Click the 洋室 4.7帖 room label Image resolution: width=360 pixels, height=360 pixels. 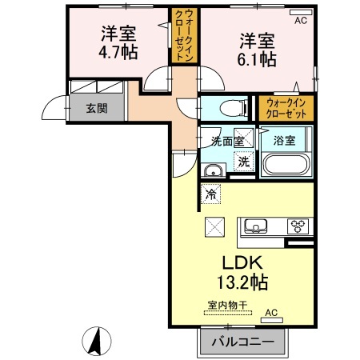[118, 42]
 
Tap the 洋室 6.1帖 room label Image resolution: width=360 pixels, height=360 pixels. [257, 50]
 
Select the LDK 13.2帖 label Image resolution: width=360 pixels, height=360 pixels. [242, 272]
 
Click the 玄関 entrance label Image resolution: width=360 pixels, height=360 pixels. [97, 108]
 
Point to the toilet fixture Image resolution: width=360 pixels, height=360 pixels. [234, 108]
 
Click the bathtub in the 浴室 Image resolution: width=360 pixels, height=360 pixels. [286, 164]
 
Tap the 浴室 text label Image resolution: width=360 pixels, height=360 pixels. [284, 140]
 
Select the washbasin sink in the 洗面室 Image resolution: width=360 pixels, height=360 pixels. [213, 170]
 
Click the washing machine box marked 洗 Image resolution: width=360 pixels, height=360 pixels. [243, 161]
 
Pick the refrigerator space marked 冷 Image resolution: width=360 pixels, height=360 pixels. [210, 194]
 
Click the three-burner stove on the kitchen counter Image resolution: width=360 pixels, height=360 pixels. [298, 226]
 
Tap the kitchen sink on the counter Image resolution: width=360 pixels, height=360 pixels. [256, 226]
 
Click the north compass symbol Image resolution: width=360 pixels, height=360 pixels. [97, 341]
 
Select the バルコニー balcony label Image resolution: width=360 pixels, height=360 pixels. [243, 342]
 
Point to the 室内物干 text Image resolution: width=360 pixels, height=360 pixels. [228, 306]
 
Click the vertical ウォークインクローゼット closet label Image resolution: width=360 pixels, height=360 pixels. [185, 35]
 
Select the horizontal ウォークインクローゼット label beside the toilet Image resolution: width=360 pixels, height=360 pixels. [286, 108]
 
